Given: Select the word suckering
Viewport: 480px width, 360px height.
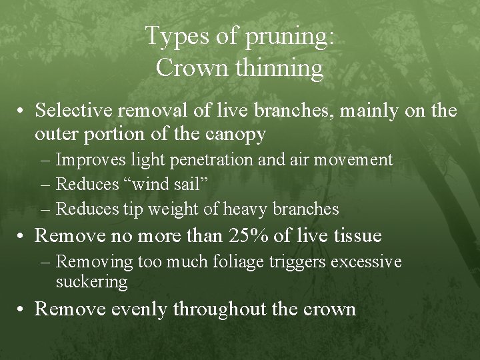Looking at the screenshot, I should [91, 281].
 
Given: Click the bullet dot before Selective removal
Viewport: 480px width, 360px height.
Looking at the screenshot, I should [22, 110].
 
